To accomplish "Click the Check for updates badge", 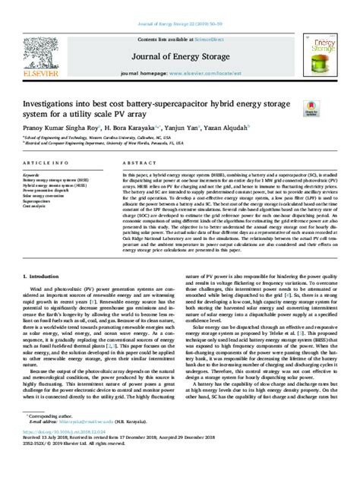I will (x=311, y=109).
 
